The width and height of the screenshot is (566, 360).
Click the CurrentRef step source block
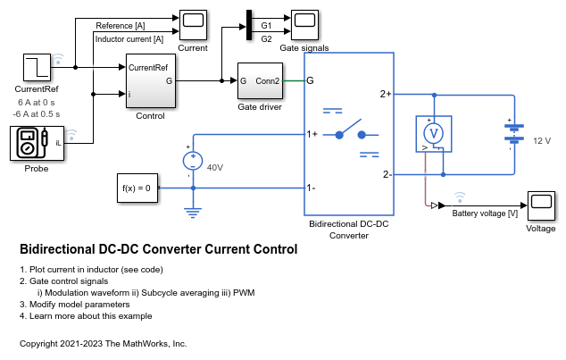(37, 68)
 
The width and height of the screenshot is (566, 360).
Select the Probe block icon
(37, 143)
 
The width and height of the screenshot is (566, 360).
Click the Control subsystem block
(151, 81)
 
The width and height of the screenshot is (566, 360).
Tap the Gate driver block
(260, 81)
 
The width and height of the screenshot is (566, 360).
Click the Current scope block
(193, 25)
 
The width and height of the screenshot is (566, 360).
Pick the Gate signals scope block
(304, 25)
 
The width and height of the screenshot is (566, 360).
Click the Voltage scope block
(541, 205)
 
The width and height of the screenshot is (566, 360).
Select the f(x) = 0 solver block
(137, 188)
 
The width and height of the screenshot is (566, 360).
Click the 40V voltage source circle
(193, 161)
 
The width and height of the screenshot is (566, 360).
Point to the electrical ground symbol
(193, 213)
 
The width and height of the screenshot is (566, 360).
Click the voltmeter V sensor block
(434, 134)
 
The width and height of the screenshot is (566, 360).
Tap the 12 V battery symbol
(514, 134)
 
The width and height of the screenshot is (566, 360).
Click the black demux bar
(249, 25)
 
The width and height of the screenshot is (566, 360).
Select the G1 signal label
(266, 26)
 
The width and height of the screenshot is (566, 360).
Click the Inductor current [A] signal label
(129, 39)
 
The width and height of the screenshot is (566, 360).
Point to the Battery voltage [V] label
(485, 213)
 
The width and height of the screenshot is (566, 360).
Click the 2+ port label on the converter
(386, 94)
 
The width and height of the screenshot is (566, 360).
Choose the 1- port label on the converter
(311, 188)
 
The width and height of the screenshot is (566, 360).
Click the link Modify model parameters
(79, 305)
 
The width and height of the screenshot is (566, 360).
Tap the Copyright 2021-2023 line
(104, 344)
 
